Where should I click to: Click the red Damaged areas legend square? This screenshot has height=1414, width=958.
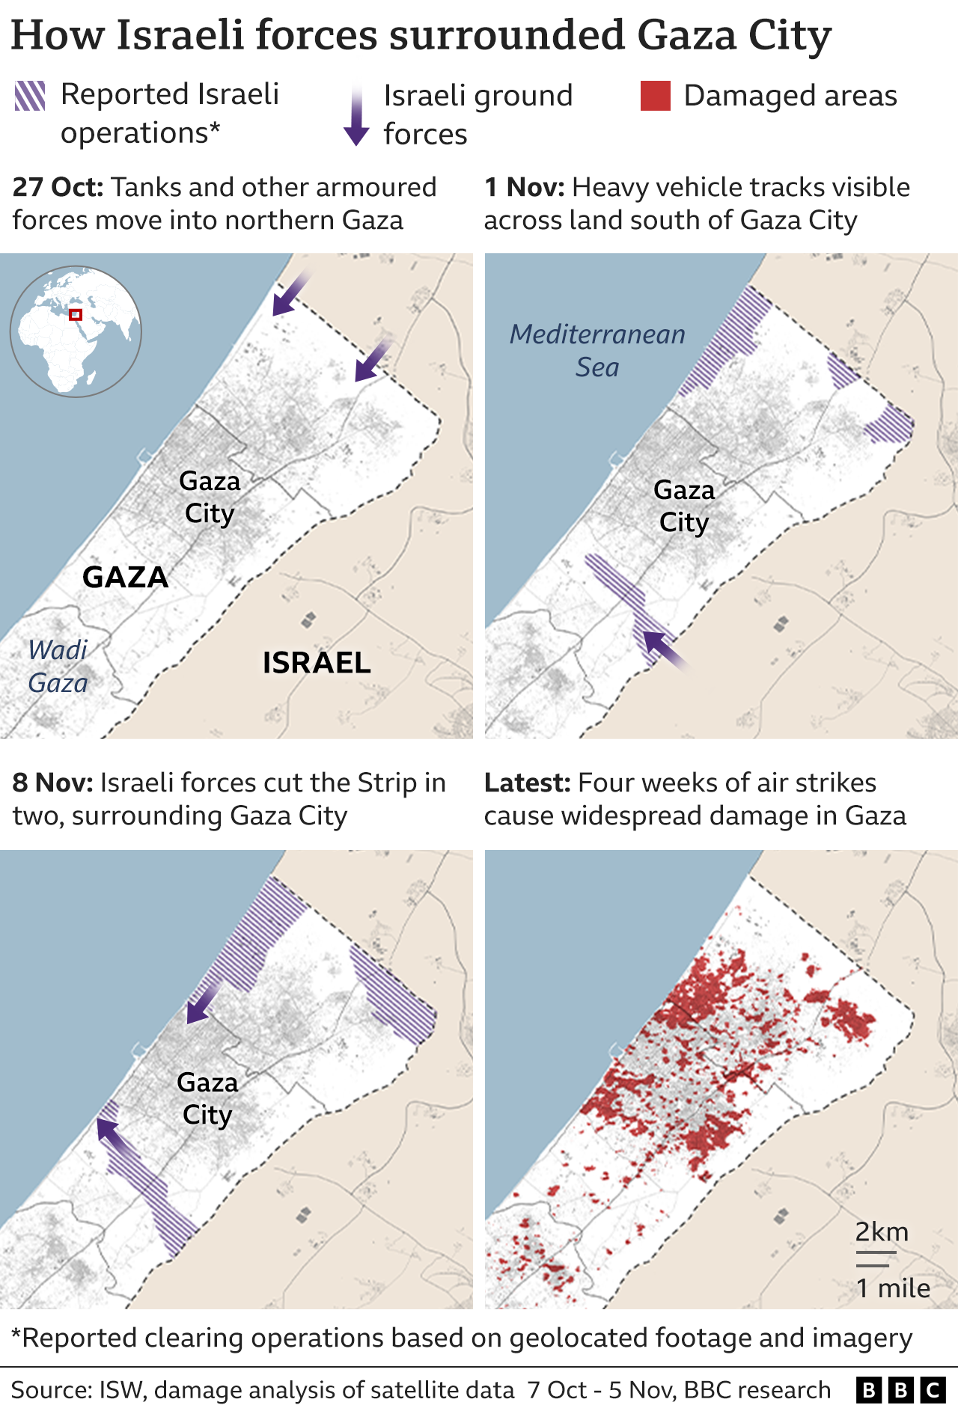(x=655, y=96)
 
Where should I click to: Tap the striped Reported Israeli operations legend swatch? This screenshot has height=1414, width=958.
(x=30, y=96)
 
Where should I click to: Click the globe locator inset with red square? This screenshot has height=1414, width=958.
(x=76, y=331)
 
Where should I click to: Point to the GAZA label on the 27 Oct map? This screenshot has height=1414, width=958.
(x=125, y=577)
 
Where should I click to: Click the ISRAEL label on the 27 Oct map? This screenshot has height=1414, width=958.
(x=317, y=663)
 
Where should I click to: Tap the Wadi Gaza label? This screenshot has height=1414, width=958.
(x=58, y=666)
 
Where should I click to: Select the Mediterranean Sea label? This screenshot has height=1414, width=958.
(x=597, y=350)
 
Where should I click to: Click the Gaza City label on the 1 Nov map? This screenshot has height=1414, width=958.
(x=683, y=506)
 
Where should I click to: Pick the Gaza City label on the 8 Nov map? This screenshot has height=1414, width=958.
(x=207, y=1098)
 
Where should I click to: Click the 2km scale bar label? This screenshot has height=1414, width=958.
(x=882, y=1231)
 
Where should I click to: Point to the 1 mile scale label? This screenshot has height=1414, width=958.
(x=892, y=1288)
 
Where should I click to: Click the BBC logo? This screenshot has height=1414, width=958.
(x=900, y=1390)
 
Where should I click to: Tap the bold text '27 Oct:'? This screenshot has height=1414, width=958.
(x=58, y=187)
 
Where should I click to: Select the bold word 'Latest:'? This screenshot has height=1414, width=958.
(x=527, y=783)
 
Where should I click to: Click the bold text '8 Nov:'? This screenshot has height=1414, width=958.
(x=52, y=783)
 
